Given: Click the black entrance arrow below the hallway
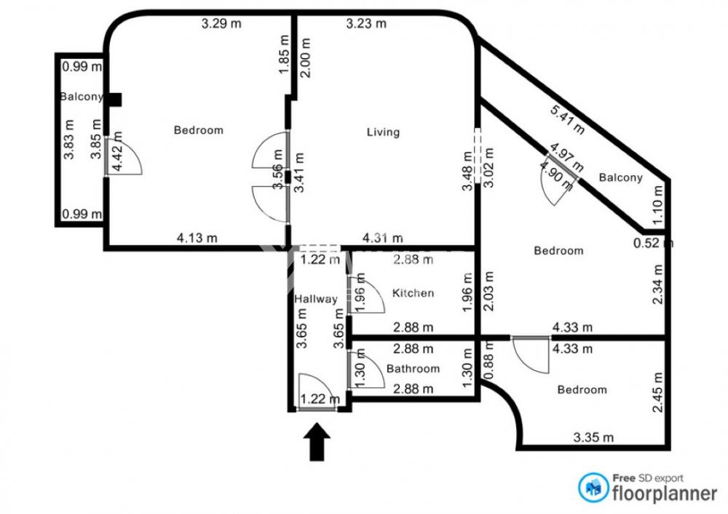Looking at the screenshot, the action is [x=317, y=441].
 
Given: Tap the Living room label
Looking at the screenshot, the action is [x=383, y=132].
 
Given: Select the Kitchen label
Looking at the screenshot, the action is [x=414, y=293].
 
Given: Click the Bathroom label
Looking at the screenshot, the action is [x=414, y=369].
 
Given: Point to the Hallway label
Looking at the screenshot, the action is [x=316, y=300].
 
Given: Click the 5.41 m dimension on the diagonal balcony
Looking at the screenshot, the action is [x=567, y=120].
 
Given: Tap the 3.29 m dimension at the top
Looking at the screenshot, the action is [x=221, y=23].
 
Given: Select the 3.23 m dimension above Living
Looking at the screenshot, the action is [x=366, y=23].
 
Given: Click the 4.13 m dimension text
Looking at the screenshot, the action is [x=197, y=238].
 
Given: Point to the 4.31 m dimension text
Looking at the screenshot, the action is [x=383, y=238].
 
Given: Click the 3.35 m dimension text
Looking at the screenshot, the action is [x=593, y=438].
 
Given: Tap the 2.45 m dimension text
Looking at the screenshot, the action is [x=658, y=392].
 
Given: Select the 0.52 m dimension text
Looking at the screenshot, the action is [x=653, y=243].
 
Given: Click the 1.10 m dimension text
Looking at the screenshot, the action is [x=658, y=205].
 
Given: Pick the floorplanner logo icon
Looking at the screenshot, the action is [x=593, y=488].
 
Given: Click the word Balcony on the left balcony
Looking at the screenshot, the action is [x=82, y=97].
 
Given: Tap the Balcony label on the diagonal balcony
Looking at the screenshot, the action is [x=621, y=178].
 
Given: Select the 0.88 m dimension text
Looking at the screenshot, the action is [x=488, y=361].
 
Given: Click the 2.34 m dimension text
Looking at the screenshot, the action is [x=658, y=284].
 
